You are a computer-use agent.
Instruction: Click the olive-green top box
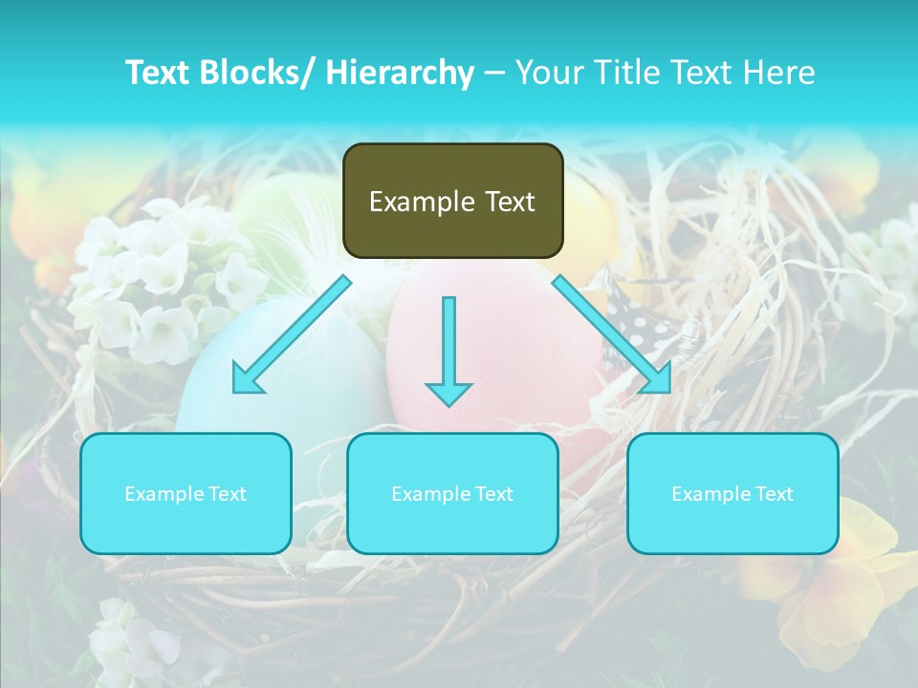pyautogui.click(x=452, y=201)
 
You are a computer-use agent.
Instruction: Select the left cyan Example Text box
pyautogui.click(x=186, y=493)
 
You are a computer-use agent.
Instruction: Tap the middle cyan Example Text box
pyautogui.click(x=452, y=493)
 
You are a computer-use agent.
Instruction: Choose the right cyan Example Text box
pyautogui.click(x=732, y=493)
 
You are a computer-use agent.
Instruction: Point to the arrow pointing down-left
pyautogui.click(x=292, y=334)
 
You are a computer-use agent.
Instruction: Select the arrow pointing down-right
pyautogui.click(x=612, y=334)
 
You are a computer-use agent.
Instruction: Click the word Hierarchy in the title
pyautogui.click(x=400, y=73)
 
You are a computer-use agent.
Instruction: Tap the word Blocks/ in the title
pyautogui.click(x=261, y=73)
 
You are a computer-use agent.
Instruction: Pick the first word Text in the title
pyautogui.click(x=160, y=73)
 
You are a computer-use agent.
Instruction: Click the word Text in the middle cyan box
pyautogui.click(x=493, y=494)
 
